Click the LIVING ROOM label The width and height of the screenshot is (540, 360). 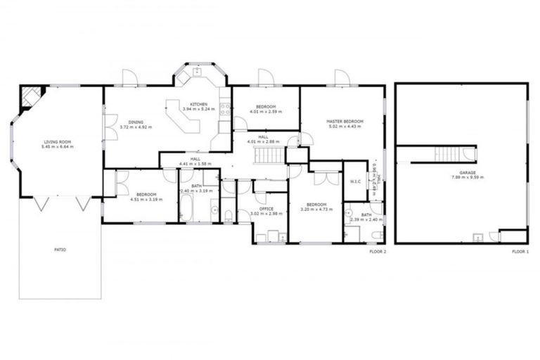click(x=57, y=143)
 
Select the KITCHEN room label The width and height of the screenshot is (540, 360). click(x=199, y=105)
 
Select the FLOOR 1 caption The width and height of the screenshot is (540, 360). click(x=520, y=251)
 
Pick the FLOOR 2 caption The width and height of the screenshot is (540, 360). click(x=378, y=251)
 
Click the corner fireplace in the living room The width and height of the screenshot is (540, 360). click(x=30, y=96)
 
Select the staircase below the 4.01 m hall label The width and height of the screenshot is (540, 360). click(x=267, y=153)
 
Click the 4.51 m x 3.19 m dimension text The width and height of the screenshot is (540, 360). click(x=146, y=198)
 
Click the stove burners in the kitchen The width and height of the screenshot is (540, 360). click(x=226, y=108)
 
